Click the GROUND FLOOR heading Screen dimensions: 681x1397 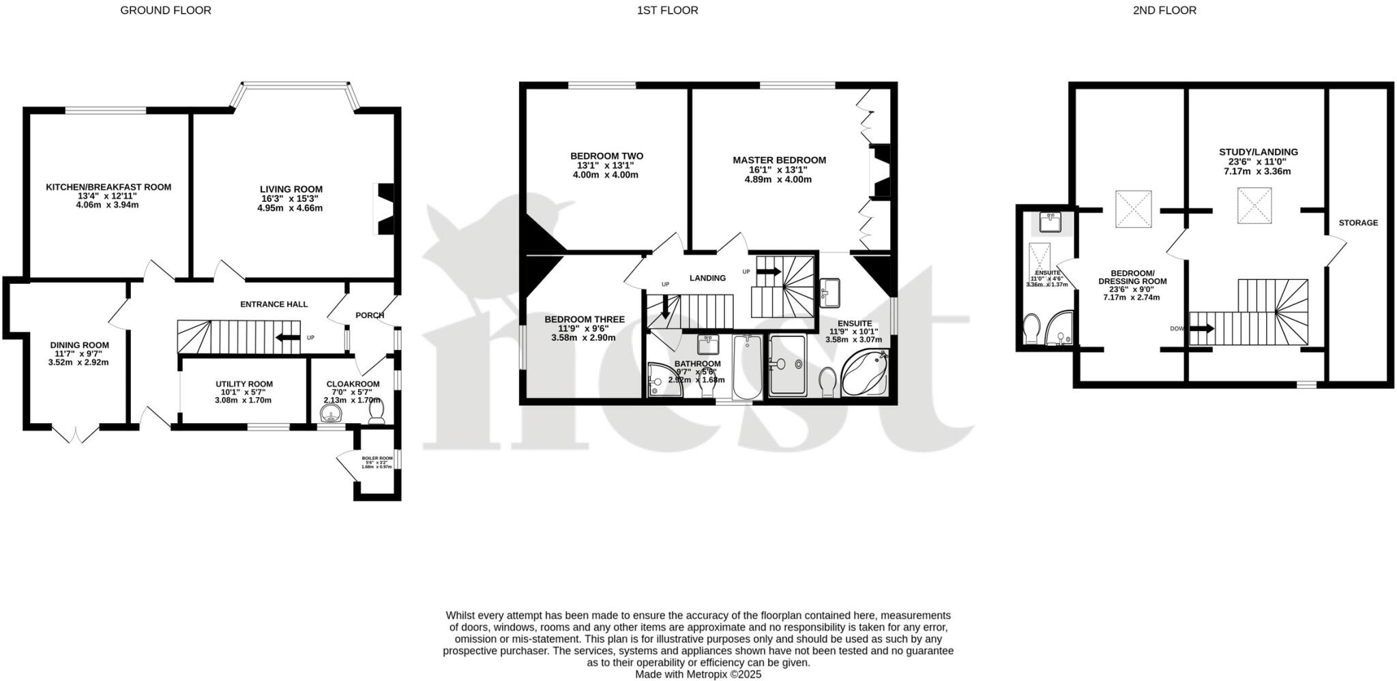165,10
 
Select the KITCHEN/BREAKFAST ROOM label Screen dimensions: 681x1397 108,187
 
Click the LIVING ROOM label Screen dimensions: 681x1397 291,189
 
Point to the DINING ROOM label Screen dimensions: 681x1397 79,345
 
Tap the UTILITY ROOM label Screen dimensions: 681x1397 244,384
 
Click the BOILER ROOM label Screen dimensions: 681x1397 377,459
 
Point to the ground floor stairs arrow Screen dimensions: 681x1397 287,337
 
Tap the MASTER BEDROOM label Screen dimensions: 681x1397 779,160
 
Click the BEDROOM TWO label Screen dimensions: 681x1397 606,156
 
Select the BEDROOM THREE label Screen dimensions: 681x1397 584,319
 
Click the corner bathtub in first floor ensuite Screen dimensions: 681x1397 864,373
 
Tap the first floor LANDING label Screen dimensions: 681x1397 707,278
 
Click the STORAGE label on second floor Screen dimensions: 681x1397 1357,222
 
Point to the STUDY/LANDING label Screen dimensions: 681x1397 1258,152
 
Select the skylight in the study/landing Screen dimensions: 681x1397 1255,206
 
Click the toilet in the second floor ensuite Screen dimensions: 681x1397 1031,330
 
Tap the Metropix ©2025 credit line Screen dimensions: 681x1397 698,674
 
